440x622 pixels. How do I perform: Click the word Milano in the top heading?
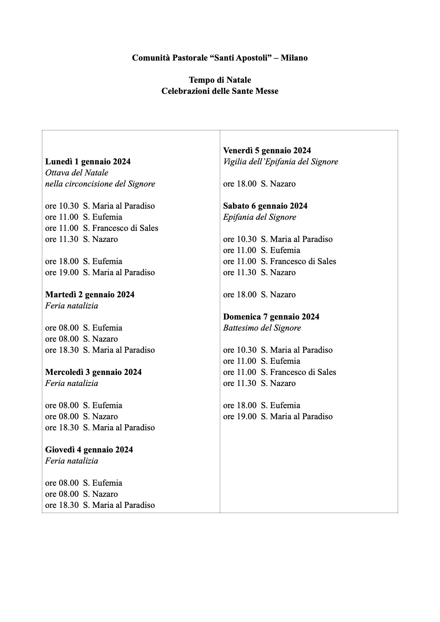[x=294, y=58]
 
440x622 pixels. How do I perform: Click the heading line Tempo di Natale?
[x=220, y=80]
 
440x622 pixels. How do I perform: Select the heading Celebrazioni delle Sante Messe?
[x=220, y=91]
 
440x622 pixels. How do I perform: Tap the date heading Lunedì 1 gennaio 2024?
[x=88, y=162]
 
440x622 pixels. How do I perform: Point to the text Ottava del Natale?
[x=77, y=173]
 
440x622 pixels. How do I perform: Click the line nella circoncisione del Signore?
[x=100, y=184]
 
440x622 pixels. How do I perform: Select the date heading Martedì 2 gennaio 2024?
[x=90, y=295]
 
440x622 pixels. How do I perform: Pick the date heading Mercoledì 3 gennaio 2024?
[x=93, y=372]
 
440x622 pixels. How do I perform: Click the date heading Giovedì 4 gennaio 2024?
[x=89, y=450]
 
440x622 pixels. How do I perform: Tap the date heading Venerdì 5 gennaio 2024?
[x=267, y=151]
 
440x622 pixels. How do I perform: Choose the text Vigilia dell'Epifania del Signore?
[x=280, y=162]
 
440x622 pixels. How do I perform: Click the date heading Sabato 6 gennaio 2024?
[x=265, y=206]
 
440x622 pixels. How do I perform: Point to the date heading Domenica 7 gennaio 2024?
[x=271, y=317]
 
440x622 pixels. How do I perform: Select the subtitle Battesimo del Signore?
[x=262, y=328]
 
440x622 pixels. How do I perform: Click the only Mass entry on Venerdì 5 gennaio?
[x=259, y=184]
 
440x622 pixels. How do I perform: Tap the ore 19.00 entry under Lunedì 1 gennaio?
[x=100, y=273]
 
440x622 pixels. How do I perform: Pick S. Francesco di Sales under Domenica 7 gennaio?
[x=298, y=372]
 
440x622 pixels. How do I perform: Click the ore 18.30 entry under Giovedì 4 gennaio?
[x=100, y=505]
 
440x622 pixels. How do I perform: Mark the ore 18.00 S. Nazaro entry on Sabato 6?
[x=259, y=295]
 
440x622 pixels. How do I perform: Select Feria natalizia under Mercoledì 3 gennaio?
[x=72, y=383]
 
